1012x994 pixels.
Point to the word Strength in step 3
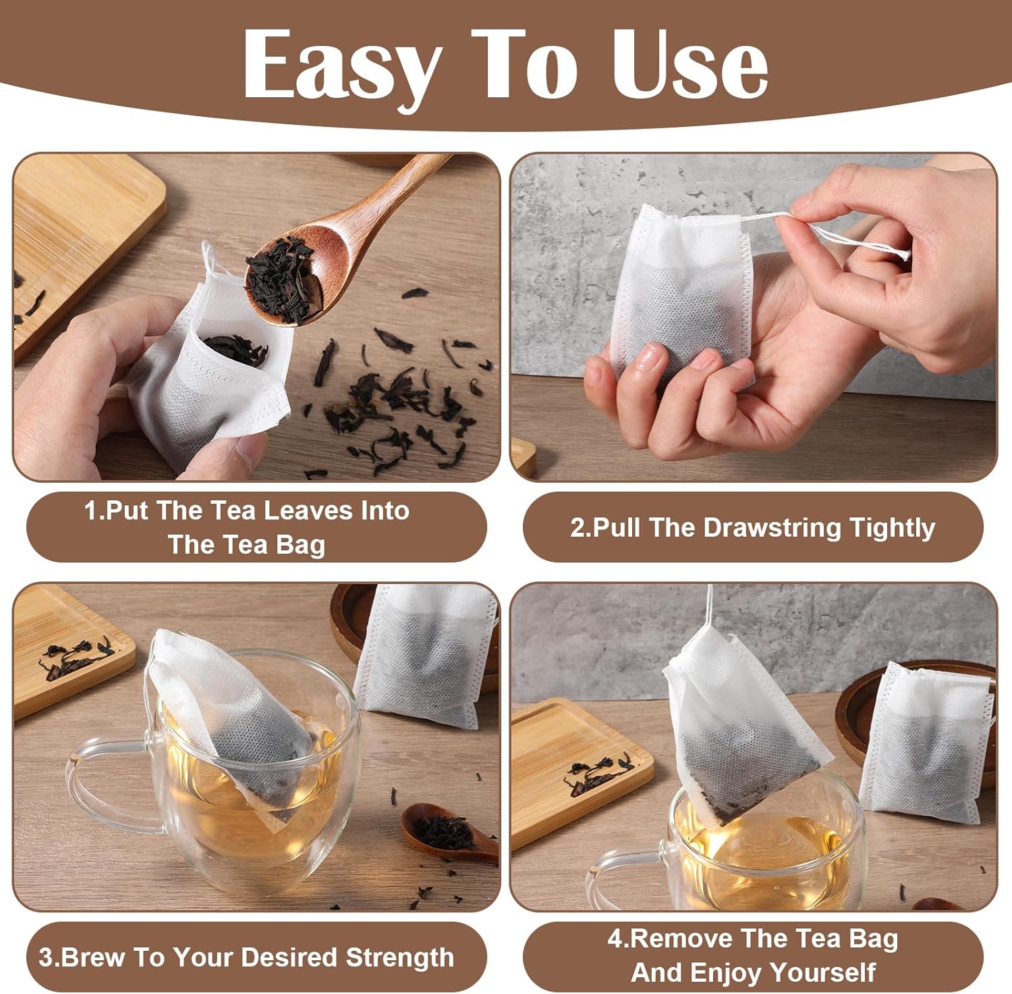point(399,958)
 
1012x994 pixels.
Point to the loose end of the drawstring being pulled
point(904,255)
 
